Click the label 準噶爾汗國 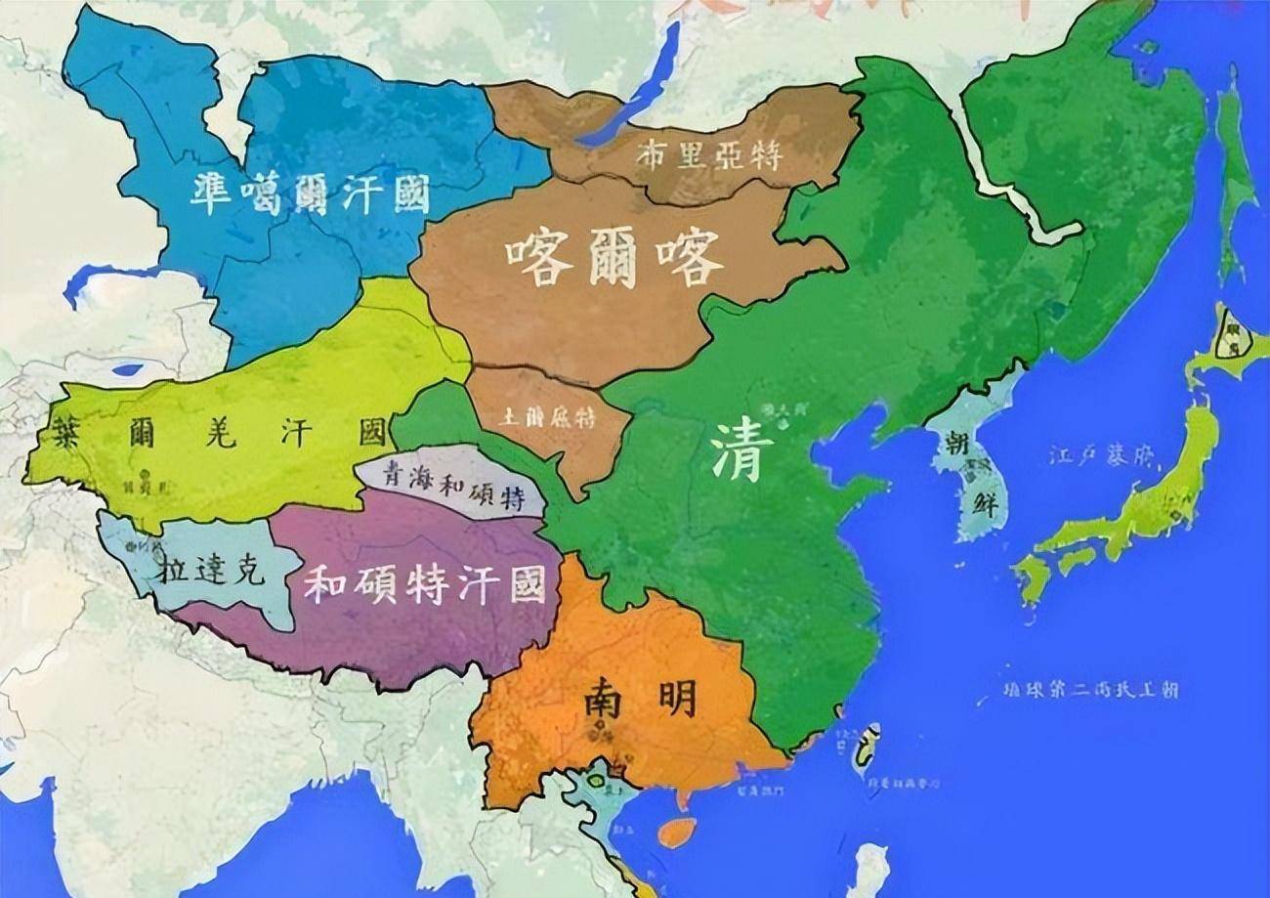[x=310, y=193]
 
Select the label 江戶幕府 [x=1101, y=456]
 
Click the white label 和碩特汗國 [x=424, y=583]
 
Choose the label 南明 [x=641, y=700]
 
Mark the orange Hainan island [x=678, y=832]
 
